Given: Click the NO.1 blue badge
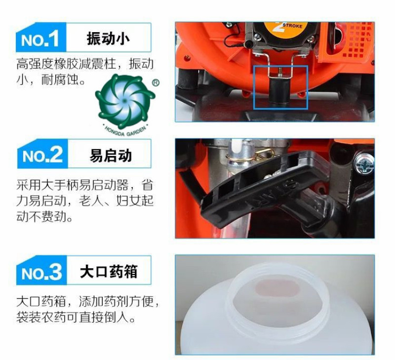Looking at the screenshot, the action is coord(41,38).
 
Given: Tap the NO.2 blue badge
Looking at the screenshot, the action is coord(42,154).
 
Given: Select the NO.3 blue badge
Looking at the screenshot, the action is coord(41,270).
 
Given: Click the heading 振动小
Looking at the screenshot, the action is coord(108,39).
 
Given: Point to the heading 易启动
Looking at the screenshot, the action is coord(110,156).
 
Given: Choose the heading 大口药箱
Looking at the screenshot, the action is coord(109,271).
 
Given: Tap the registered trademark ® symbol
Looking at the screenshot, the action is coord(156,82).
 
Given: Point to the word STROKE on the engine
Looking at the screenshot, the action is coord(292,26).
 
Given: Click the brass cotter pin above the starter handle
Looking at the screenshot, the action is coord(264,155).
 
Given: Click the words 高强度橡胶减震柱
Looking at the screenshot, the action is coord(66,64).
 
